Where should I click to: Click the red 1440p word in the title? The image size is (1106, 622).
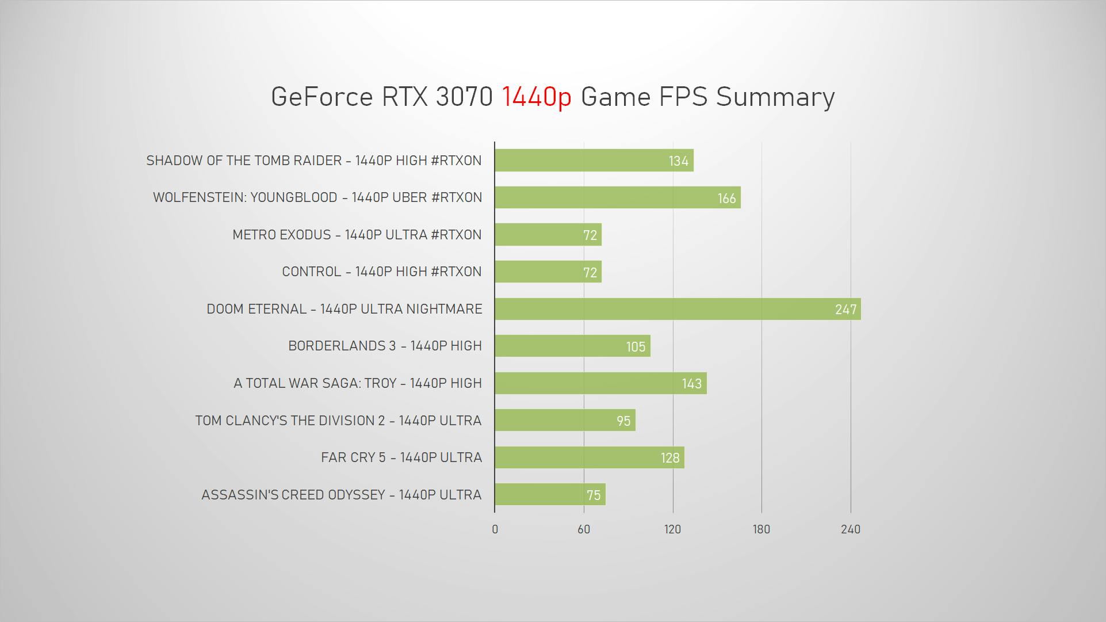click(537, 97)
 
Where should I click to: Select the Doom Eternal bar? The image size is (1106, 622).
click(677, 309)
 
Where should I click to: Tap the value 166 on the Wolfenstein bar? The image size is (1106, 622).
click(726, 199)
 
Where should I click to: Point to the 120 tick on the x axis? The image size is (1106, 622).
click(672, 529)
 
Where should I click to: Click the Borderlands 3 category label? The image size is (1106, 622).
click(385, 346)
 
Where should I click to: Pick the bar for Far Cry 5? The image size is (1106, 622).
click(589, 457)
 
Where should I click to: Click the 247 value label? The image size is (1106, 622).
click(845, 310)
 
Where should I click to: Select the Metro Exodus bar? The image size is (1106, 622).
click(548, 235)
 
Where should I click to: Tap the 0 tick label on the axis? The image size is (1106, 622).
click(495, 529)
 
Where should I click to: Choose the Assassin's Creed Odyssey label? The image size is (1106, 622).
click(341, 495)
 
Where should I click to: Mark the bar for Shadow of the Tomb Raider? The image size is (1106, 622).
click(594, 161)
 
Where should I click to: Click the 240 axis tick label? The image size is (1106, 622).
click(850, 529)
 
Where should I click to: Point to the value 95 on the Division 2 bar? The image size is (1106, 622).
click(623, 421)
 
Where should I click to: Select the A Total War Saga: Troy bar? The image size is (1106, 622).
click(600, 383)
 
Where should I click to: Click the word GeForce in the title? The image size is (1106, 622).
click(322, 97)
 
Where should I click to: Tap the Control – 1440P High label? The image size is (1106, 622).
click(381, 272)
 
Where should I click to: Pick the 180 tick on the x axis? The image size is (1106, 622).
click(761, 529)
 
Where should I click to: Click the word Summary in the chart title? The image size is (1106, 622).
click(775, 97)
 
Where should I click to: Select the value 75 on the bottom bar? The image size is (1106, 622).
click(594, 495)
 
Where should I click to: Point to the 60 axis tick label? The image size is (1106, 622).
click(584, 529)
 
